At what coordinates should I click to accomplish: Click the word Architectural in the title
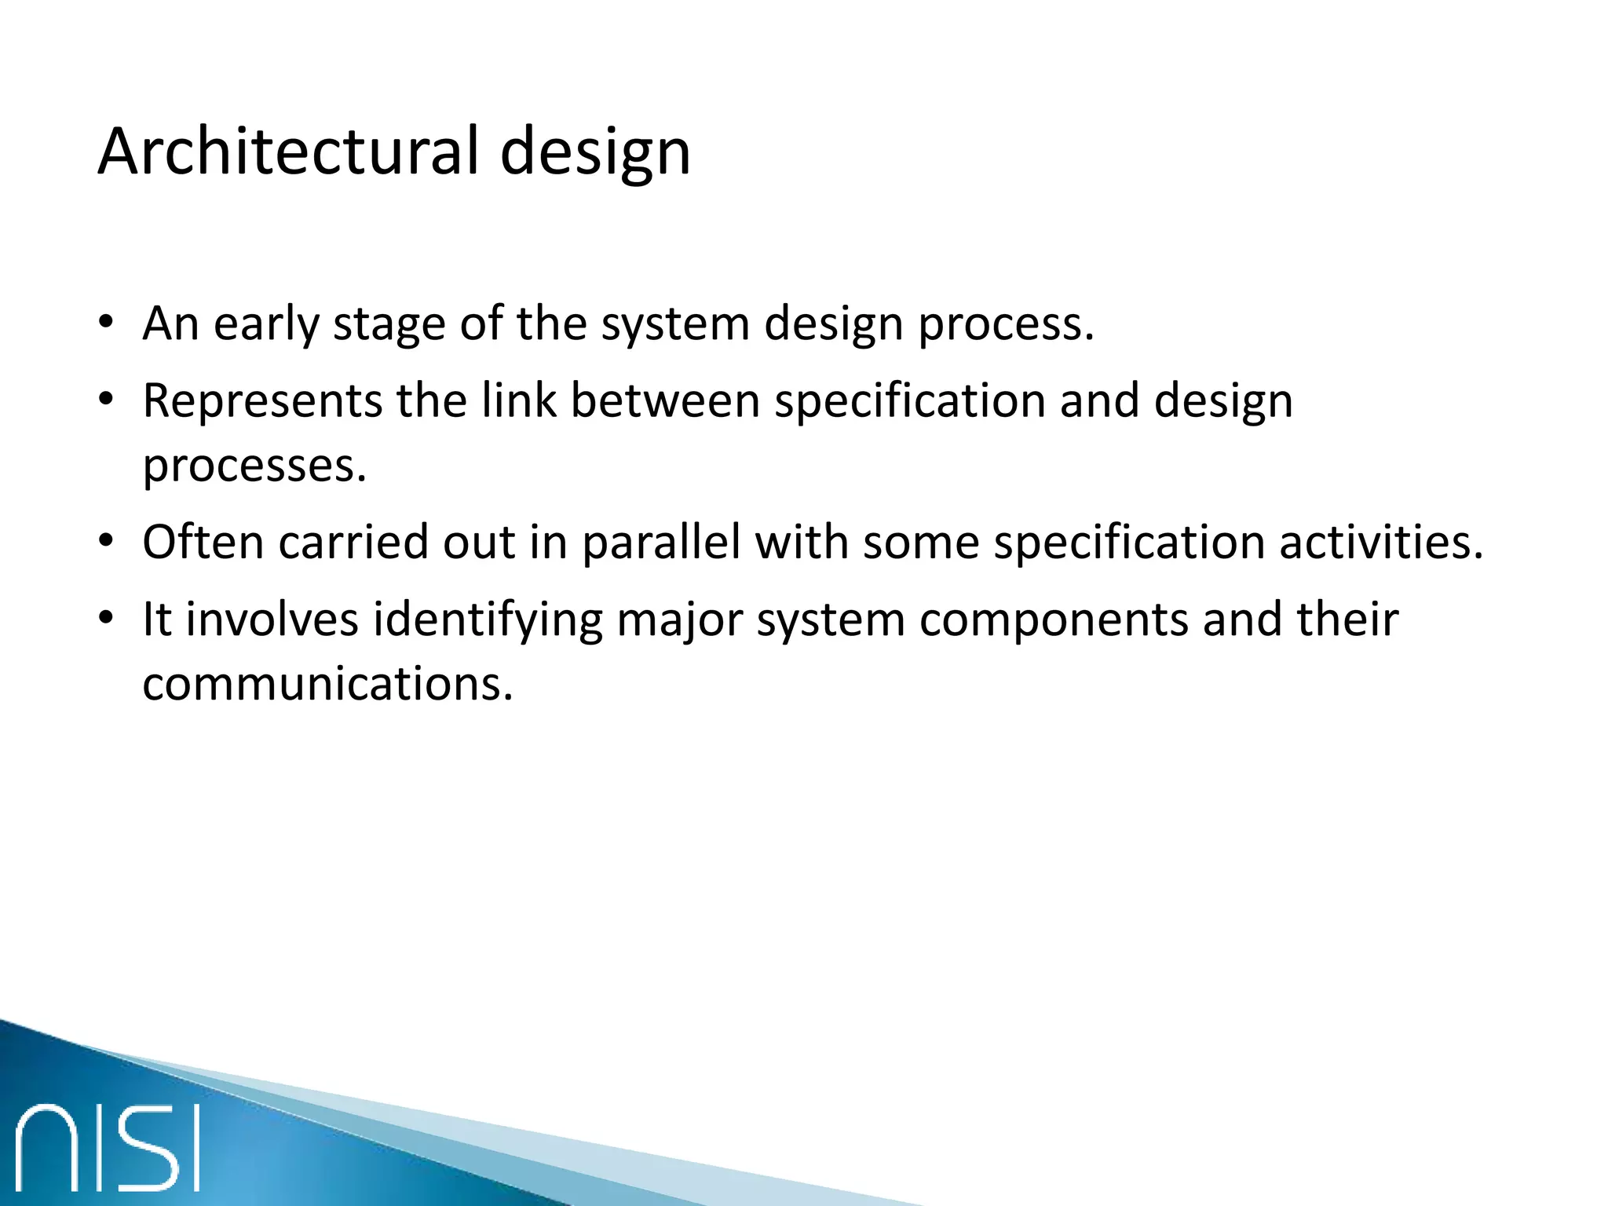coord(288,151)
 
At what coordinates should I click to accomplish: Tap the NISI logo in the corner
coord(108,1147)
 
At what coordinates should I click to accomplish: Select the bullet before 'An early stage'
coord(107,323)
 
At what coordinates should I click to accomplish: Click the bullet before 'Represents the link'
coord(107,400)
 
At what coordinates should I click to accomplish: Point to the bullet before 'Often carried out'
coord(107,542)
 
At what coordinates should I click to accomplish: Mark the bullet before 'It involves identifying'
coord(107,619)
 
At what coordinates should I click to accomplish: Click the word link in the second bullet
coord(519,400)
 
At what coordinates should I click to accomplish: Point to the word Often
coord(203,542)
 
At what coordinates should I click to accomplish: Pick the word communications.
coord(327,684)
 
